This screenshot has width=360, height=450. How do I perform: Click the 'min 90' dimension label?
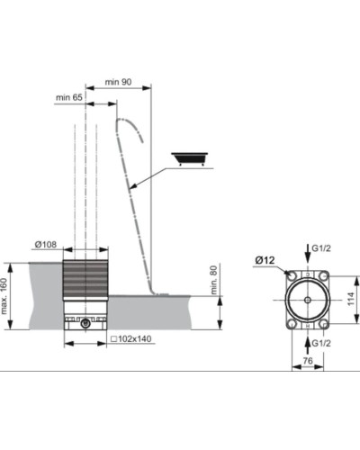point(120,82)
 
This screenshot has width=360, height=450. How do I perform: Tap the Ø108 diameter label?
point(71,244)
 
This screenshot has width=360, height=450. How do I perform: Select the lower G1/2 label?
point(322,343)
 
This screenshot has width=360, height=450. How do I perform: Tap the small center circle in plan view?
point(309,296)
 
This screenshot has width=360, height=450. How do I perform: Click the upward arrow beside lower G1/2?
point(309,340)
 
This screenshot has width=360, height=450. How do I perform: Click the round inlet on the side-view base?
point(85,322)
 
